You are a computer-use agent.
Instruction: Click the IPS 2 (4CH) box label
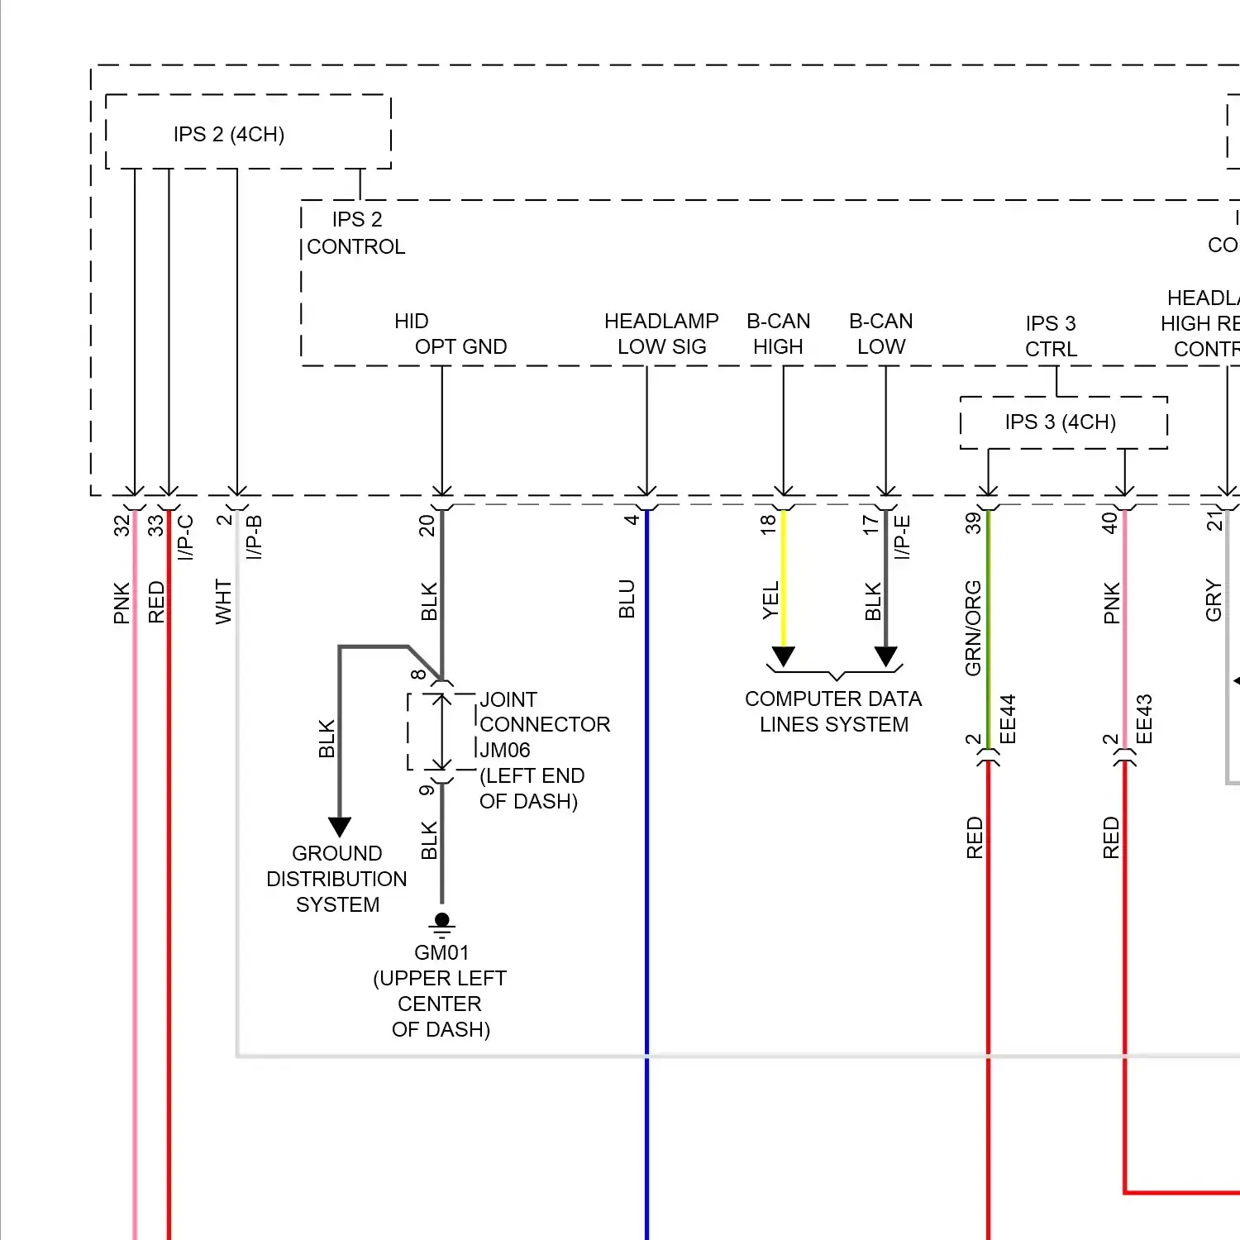coord(229,134)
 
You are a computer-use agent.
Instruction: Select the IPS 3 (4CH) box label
coord(1061,422)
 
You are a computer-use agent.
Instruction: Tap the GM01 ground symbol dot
coord(442,919)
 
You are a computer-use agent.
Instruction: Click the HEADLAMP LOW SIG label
coord(661,333)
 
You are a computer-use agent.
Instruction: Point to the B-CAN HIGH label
coord(778,333)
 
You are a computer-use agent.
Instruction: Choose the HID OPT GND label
coord(451,334)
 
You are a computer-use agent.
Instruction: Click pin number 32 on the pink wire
coord(122,526)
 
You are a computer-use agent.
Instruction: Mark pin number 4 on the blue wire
coord(632,520)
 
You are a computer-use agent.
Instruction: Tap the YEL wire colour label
coord(770,601)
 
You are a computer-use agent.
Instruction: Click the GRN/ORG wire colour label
coord(973,628)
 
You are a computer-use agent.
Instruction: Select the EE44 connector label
coord(1007,719)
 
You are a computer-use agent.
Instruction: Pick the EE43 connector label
coord(1143,719)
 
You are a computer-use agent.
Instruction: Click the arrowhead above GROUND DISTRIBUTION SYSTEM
coord(340,827)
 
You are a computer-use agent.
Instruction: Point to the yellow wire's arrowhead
coord(784,657)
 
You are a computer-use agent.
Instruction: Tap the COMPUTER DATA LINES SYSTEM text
coord(833,711)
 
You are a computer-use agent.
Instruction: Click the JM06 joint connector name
coord(505,750)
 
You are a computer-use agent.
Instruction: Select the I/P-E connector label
coord(902,537)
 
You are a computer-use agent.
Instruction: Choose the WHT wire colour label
coord(223,601)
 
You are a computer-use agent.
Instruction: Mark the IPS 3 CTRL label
coord(1051,336)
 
